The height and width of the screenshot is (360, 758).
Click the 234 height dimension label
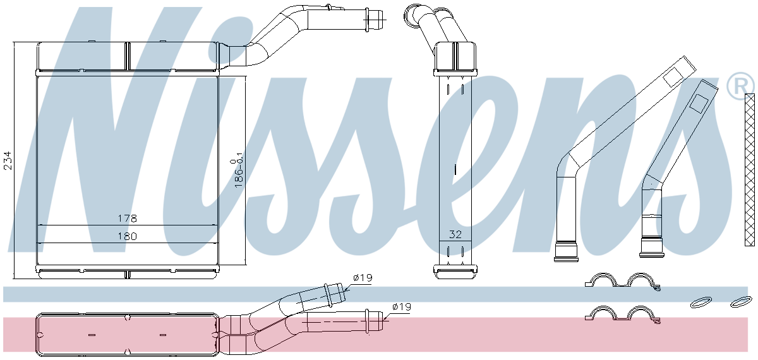(x=8, y=160)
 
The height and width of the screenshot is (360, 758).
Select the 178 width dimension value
(x=127, y=219)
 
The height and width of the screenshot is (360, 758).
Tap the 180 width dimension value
(x=127, y=236)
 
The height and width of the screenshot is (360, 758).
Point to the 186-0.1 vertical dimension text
(x=238, y=173)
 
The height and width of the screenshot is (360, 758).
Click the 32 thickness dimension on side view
(x=455, y=234)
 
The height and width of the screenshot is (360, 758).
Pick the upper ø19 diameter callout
(x=363, y=278)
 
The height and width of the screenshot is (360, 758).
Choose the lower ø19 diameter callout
(x=402, y=307)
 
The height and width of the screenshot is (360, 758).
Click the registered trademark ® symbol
(x=740, y=86)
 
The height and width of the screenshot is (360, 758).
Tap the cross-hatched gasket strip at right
(x=750, y=170)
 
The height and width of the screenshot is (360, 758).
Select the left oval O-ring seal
(x=700, y=303)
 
